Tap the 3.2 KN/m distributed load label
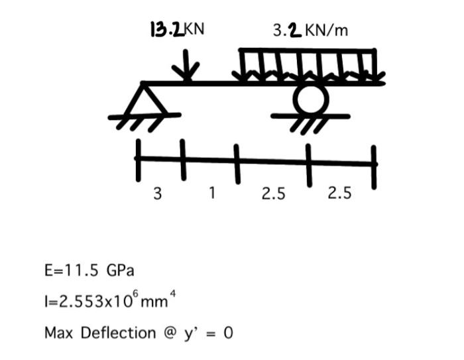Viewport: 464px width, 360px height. coord(310,30)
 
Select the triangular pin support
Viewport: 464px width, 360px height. coord(145,98)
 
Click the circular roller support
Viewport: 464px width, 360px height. coord(310,99)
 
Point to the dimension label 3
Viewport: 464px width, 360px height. coord(157,194)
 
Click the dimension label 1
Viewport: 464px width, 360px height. coord(211,193)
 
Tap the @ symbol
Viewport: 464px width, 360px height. coord(169,332)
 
